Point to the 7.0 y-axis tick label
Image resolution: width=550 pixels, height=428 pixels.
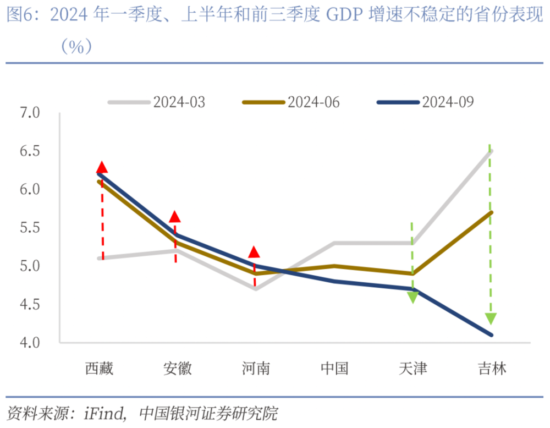coord(30,113)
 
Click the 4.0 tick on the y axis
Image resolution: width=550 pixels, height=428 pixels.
coord(30,343)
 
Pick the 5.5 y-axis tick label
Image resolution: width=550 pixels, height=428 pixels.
coord(30,228)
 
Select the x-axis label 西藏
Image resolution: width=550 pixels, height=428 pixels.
coord(100,369)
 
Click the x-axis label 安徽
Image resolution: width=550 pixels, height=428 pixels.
coord(178,369)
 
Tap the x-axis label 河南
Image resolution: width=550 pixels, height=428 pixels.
coord(256,369)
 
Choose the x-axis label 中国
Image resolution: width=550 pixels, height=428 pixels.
coord(334,369)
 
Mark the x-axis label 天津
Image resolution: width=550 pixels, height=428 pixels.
coord(413,369)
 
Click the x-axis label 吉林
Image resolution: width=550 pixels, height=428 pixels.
coord(491,369)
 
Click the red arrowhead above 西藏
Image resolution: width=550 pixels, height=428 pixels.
coord(102,168)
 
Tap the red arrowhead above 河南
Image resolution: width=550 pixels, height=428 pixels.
coord(254,253)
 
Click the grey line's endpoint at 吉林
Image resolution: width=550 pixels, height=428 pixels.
coord(491,151)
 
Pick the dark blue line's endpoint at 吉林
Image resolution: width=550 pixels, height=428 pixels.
coord(491,335)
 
